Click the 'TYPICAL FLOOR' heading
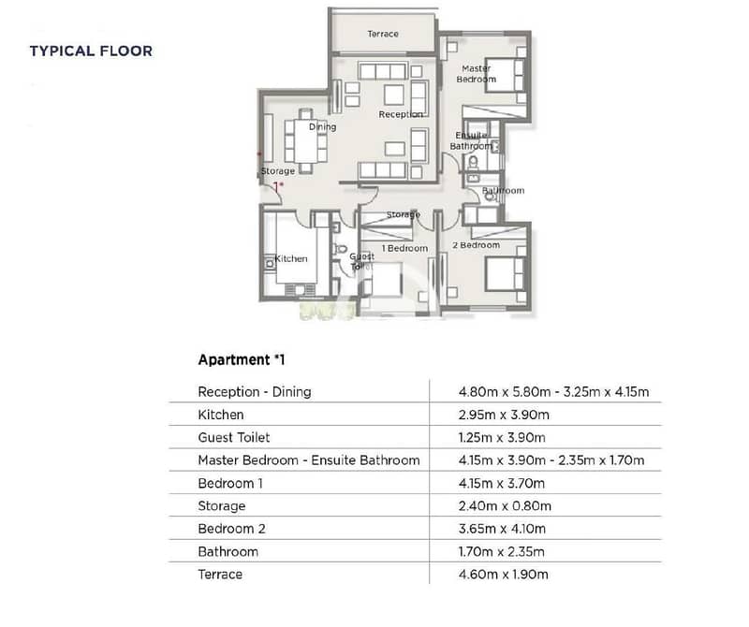(91, 51)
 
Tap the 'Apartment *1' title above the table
(242, 359)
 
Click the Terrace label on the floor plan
(383, 34)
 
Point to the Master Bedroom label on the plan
(477, 74)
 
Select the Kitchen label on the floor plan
(291, 258)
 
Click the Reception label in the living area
(401, 114)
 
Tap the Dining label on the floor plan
(322, 126)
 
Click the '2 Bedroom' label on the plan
(477, 245)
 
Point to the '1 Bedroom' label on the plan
(404, 248)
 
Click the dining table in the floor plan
(305, 141)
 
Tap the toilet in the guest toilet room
(340, 249)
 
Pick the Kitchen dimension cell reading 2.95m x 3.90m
(504, 415)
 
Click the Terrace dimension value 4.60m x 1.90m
(503, 574)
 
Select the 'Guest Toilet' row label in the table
(233, 437)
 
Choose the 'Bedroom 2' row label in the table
(231, 529)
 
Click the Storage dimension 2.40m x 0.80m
(505, 505)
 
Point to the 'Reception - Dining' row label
(255, 392)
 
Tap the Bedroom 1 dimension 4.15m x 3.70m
(502, 483)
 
